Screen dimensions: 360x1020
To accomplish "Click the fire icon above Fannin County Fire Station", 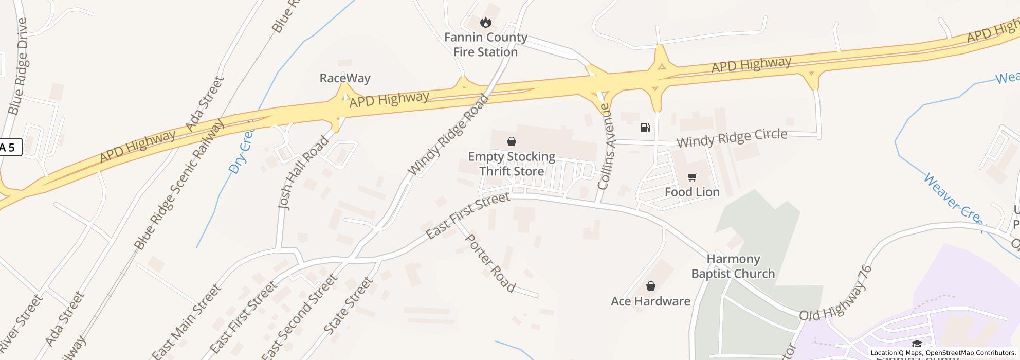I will pos(485,23).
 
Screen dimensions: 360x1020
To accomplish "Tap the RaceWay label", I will pos(345,78).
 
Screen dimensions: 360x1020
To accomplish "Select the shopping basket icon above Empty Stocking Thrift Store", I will pos(512,141).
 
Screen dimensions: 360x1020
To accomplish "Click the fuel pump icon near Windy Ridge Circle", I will pos(645,128).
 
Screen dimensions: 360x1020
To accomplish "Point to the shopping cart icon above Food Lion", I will pos(692,177).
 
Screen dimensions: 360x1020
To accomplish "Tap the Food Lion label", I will pos(692,192).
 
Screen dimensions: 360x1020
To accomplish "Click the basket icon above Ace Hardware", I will pos(650,286).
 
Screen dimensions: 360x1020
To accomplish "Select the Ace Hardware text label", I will pos(650,301).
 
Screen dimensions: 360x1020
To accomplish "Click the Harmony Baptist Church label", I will pos(733,266).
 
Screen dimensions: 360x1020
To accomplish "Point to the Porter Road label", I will pos(489,263).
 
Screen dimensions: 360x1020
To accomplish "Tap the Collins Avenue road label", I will pos(605,147).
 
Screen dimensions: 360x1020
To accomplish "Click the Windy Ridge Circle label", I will pos(732,138).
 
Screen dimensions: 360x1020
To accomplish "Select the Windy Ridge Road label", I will pos(448,135).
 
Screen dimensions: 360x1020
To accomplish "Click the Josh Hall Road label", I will pos(303,172).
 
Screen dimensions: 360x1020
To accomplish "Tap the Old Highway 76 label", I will pos(836,294).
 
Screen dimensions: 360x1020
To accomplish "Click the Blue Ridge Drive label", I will pos(18,66).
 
